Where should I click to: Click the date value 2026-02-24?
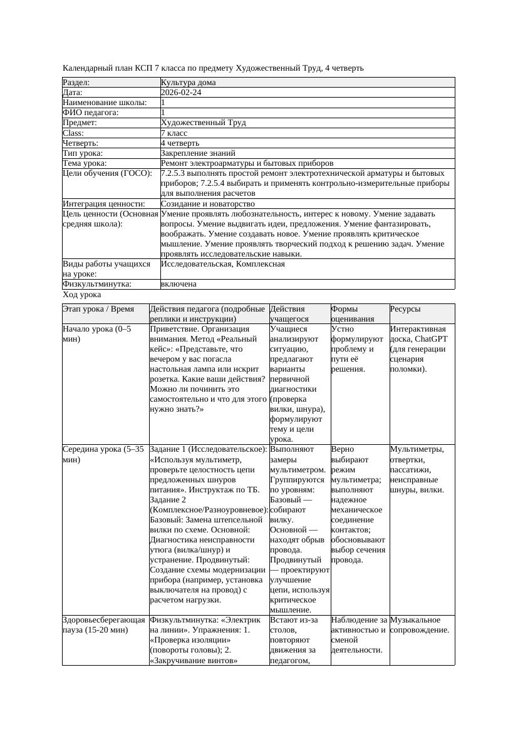tap(181, 93)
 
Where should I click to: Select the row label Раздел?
tap(76, 83)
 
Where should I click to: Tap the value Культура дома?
tap(188, 83)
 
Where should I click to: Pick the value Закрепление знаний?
tap(198, 153)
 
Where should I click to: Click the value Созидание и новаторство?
tap(207, 204)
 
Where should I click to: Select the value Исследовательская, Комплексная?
tap(222, 264)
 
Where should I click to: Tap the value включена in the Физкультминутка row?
tap(179, 284)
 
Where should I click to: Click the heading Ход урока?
tap(82, 295)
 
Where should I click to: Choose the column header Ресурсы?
tap(405, 309)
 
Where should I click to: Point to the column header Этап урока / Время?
tap(98, 309)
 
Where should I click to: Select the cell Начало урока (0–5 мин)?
tap(97, 333)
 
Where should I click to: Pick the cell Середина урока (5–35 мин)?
tap(103, 454)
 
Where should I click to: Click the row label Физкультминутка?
tap(97, 284)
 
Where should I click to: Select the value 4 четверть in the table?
tap(180, 143)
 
